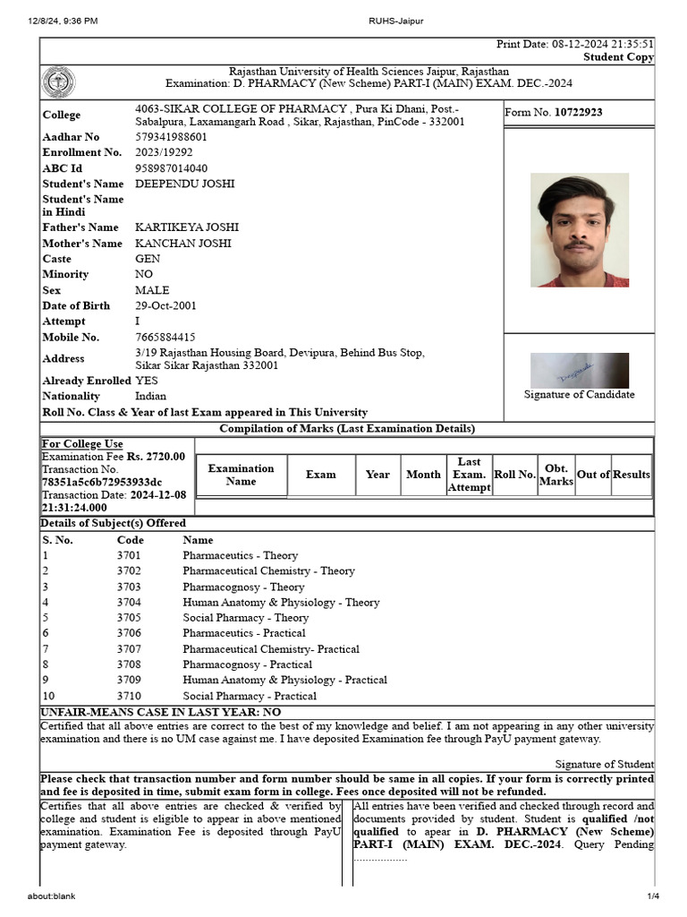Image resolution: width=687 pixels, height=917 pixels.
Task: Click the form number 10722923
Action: coord(578,112)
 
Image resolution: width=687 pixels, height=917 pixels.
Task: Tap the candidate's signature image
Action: coord(579,370)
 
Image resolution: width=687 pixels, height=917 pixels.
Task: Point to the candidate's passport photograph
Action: coord(579,230)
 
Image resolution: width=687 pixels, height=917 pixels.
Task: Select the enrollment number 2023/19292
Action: coord(164,152)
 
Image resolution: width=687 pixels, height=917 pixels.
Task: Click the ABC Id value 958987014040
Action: coord(171,168)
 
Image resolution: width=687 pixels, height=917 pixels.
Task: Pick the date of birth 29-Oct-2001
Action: coord(165,305)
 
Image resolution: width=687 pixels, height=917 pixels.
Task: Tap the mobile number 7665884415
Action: coord(165,338)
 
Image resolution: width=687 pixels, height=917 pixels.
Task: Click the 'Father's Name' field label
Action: coord(81,227)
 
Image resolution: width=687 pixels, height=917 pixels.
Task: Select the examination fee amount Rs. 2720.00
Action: coord(156,457)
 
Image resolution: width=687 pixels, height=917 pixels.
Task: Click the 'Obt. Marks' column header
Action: coord(556,475)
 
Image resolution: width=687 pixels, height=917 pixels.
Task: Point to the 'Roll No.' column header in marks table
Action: coord(514,475)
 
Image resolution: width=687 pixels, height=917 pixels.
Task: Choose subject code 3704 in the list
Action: coord(129,603)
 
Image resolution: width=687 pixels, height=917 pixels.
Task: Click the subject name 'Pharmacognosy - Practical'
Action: coord(247,664)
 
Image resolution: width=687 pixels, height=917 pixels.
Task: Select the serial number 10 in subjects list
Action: coord(48,696)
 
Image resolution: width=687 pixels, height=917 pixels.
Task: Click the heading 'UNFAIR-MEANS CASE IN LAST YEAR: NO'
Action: coord(161,712)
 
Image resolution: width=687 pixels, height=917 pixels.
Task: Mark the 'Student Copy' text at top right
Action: coord(618,57)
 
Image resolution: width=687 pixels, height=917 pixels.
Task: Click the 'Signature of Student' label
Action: coord(604,764)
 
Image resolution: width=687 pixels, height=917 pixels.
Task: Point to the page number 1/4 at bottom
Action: coord(653,896)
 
